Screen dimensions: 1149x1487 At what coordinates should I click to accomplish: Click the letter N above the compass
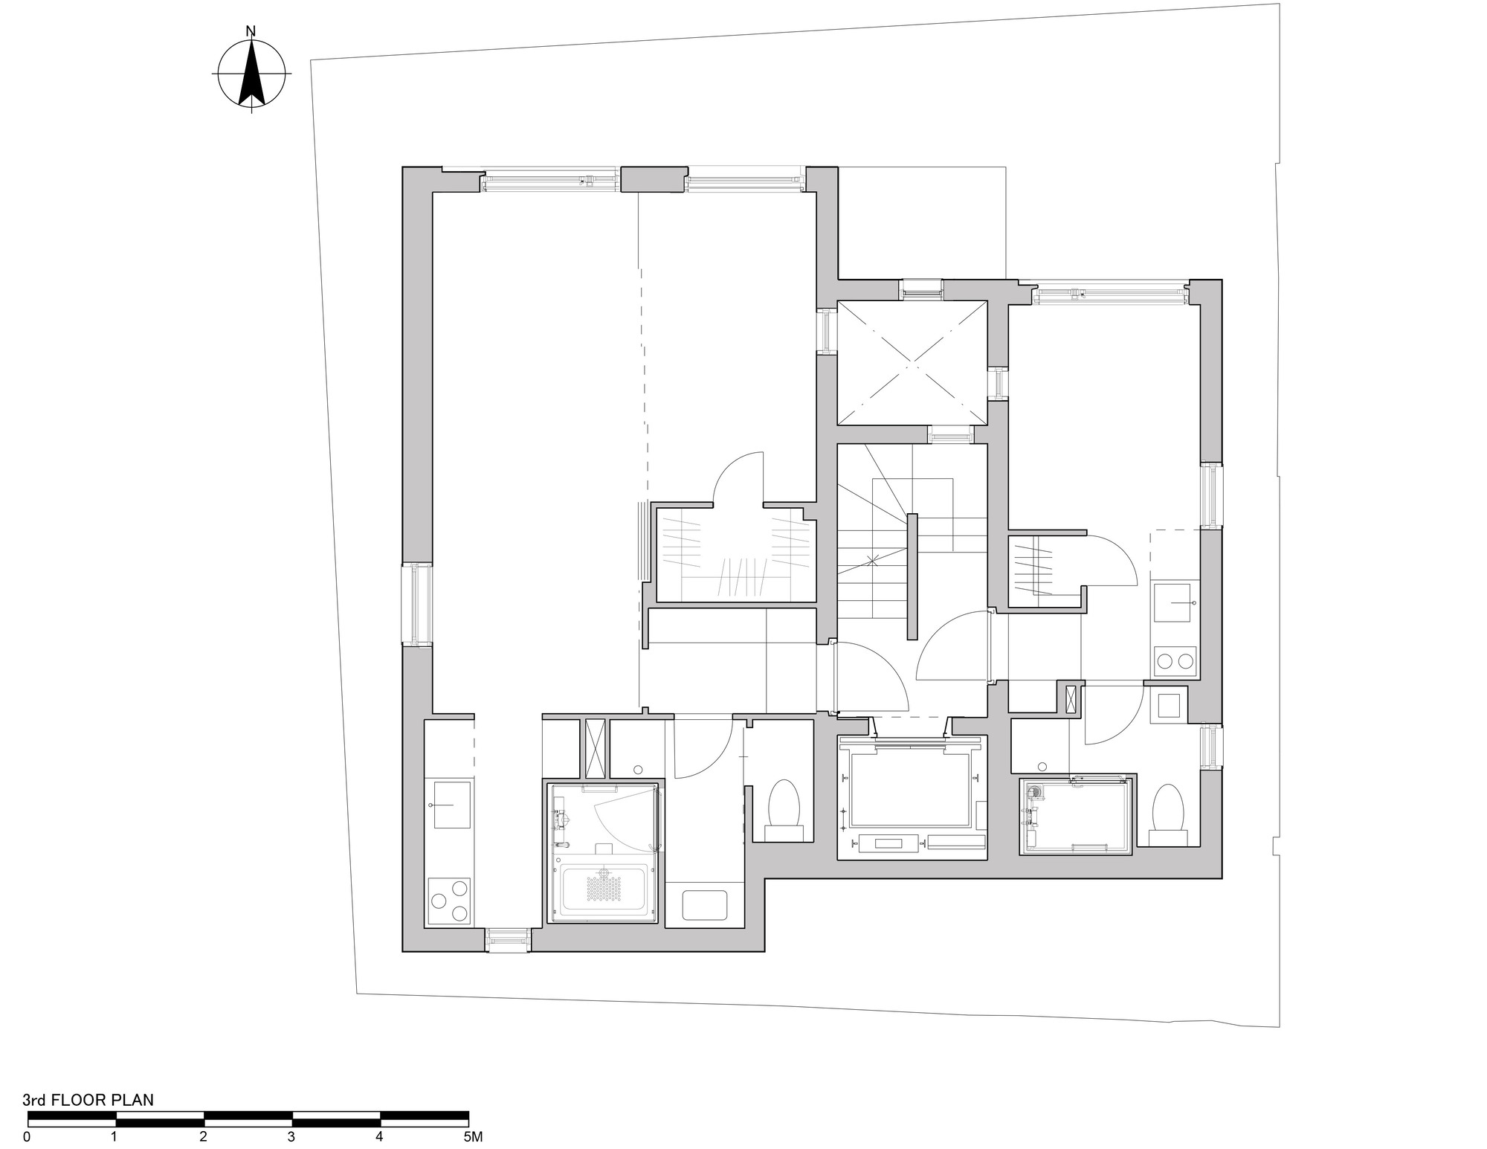251,31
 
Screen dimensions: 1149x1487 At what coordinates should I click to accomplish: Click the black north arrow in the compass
252,74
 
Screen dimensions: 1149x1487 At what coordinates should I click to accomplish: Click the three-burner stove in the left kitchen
451,900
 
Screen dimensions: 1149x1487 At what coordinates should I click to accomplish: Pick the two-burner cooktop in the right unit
1175,660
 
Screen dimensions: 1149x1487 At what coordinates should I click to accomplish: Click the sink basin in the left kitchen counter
451,805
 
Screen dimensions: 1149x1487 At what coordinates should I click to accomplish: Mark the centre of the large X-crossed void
912,363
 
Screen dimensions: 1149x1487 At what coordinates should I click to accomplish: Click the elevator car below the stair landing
912,790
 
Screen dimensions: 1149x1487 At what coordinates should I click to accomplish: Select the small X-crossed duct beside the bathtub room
596,748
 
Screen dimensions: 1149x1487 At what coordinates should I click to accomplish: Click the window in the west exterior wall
417,603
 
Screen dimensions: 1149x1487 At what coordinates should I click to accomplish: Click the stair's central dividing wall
912,576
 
